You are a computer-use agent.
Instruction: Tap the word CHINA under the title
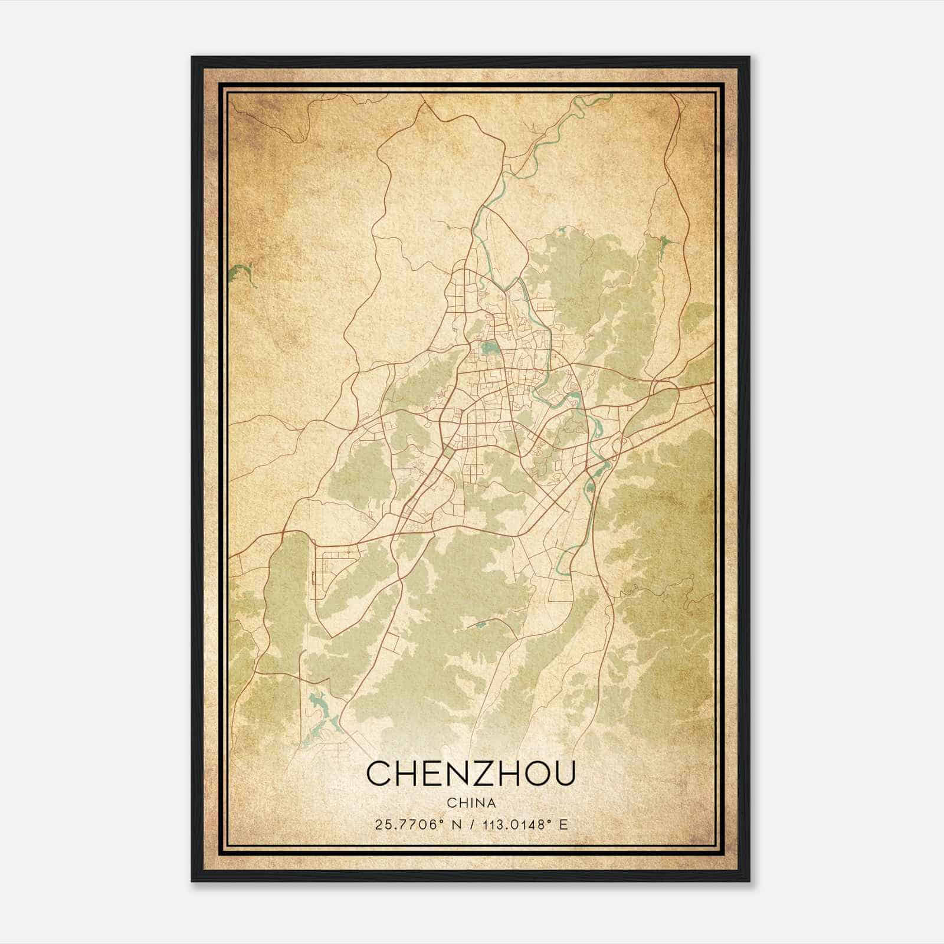[471, 803]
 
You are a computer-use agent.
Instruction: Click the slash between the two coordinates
[470, 824]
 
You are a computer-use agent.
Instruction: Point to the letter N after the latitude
[455, 824]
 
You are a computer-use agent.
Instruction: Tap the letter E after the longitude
[563, 824]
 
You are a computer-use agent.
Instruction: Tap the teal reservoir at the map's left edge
[242, 273]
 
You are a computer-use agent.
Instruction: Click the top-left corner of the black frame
[193, 58]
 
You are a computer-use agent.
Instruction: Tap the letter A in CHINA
[491, 803]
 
